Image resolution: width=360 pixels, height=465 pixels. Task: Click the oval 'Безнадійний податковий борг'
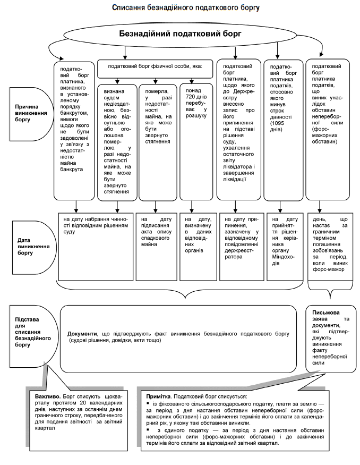pos(181,33)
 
